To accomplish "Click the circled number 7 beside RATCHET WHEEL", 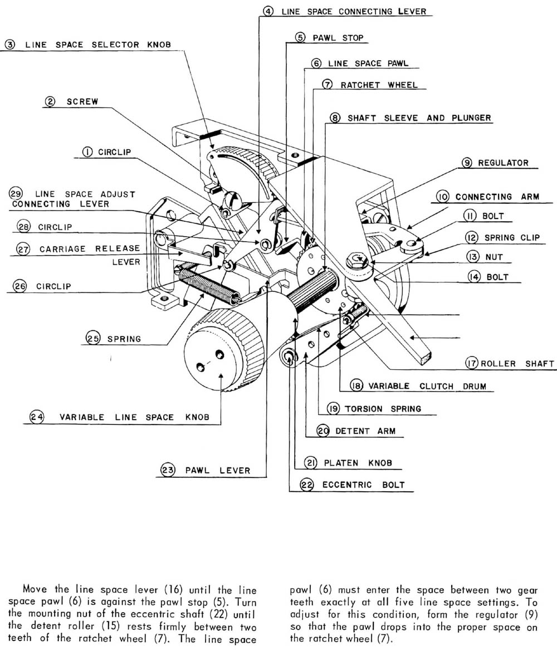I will [x=328, y=85].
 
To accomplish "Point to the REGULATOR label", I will [x=503, y=163].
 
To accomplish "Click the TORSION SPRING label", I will [x=383, y=409].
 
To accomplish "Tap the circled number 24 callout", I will [x=37, y=417].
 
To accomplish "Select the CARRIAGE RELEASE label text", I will [x=90, y=249].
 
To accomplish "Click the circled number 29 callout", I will [x=16, y=194].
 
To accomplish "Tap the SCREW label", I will [x=82, y=102].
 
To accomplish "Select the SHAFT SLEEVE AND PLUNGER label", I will [x=419, y=118].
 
